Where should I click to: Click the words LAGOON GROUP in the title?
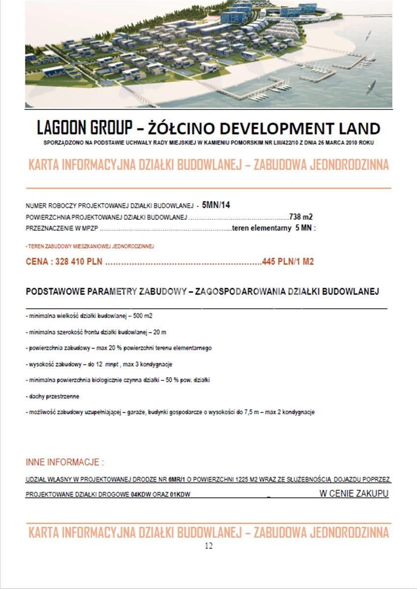point(84,129)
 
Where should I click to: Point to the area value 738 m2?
point(301,216)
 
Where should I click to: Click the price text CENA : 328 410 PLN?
point(64,262)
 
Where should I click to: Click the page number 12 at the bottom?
point(209,546)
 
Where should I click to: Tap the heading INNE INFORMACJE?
point(64,462)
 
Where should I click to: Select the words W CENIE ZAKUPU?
point(354,493)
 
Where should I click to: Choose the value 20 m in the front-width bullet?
point(160,332)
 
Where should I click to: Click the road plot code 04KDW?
point(139,494)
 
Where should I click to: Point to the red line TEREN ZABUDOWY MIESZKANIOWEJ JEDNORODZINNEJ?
point(90,246)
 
